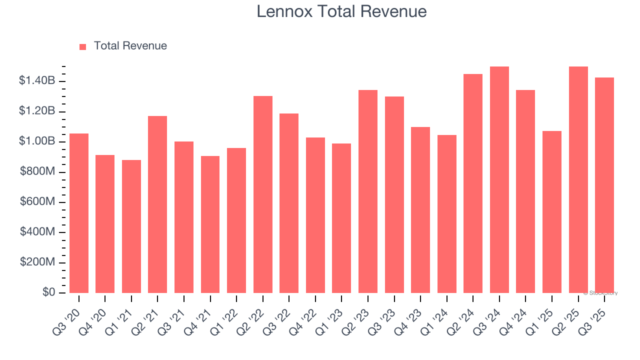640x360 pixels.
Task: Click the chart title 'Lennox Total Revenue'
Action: (x=341, y=11)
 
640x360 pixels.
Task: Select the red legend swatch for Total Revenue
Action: (x=83, y=46)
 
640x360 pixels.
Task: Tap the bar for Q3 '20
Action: (x=79, y=213)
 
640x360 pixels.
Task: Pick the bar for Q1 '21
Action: (x=131, y=226)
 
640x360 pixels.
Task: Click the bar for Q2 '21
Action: (x=157, y=204)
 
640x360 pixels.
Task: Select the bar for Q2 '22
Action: (x=263, y=194)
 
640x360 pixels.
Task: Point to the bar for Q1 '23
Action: (x=341, y=218)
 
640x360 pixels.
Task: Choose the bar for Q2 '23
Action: (x=368, y=191)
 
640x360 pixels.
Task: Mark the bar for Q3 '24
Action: (x=499, y=179)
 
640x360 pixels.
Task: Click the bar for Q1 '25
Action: (x=552, y=212)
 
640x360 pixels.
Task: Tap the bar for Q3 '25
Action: (x=604, y=185)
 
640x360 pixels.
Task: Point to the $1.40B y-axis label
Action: (x=37, y=80)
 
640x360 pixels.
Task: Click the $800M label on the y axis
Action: (x=37, y=171)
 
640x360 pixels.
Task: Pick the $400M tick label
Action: (x=37, y=232)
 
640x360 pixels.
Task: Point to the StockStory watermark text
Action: (x=600, y=293)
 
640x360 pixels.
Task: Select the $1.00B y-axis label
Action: (x=37, y=141)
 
